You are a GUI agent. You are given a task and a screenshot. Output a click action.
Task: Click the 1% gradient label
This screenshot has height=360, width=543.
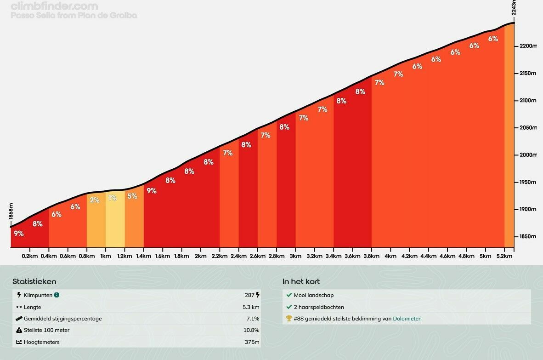pos(113,198)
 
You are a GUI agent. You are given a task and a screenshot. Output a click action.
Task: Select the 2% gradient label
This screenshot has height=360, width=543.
pos(95,200)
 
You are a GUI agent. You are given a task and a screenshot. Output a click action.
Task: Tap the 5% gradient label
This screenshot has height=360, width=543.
pos(132,196)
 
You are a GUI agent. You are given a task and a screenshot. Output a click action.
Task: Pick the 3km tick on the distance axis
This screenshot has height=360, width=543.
pos(295,256)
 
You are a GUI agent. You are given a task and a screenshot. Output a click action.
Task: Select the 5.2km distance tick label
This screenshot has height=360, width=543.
pos(504,256)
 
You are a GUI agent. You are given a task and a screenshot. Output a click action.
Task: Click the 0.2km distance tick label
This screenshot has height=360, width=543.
pos(30,256)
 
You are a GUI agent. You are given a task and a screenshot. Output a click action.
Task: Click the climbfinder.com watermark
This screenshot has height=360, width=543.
pos(54,6)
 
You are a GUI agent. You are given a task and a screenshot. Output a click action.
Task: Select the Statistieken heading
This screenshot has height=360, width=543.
pos(34,281)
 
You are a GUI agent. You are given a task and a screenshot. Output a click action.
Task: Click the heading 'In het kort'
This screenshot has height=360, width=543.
pos(301,281)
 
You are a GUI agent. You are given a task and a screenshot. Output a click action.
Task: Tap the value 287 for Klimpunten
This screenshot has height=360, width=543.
pos(249,295)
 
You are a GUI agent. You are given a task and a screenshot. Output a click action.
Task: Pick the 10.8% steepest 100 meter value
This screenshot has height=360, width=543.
pos(251,330)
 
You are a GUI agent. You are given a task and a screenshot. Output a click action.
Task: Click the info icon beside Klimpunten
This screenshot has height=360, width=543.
pos(57,295)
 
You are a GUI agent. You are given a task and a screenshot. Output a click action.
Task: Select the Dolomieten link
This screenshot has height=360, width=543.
pos(407,319)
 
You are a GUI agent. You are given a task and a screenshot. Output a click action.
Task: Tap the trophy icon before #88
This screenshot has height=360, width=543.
pos(289,319)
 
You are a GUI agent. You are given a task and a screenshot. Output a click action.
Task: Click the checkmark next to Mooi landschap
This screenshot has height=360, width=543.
pos(289,295)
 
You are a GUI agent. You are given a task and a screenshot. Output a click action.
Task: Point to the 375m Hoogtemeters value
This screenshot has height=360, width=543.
pos(252,342)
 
